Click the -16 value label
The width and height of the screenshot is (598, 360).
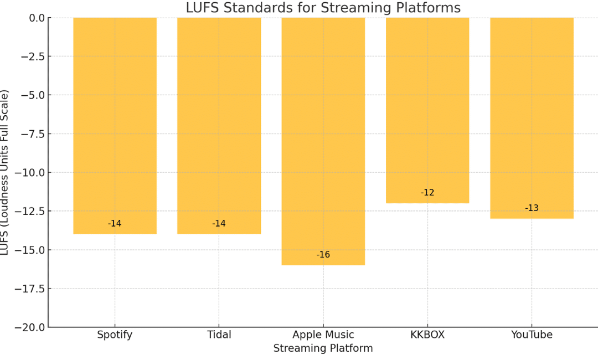tap(323, 255)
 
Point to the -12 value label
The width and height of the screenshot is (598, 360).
tap(427, 193)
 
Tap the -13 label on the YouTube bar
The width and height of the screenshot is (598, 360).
tap(532, 208)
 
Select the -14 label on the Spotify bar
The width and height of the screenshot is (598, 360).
tap(115, 224)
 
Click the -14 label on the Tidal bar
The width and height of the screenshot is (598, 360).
tap(219, 224)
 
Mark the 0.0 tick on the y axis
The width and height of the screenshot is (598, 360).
tap(36, 18)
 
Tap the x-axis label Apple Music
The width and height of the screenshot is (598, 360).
tap(323, 335)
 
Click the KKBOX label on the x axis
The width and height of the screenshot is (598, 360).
tap(427, 335)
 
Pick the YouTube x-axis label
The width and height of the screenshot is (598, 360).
tap(532, 335)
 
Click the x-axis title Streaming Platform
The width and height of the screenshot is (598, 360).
tap(323, 348)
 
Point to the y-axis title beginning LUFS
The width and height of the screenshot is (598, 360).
tap(4, 172)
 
